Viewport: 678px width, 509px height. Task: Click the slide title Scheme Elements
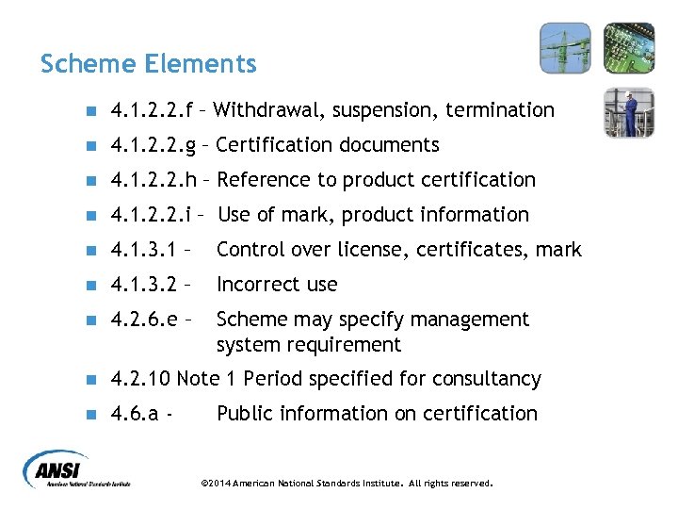click(148, 64)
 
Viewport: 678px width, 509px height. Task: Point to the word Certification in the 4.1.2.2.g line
click(274, 145)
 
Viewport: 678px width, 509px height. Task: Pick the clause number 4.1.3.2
click(143, 285)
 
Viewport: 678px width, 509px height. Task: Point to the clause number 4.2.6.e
click(143, 320)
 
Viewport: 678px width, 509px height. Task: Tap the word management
click(467, 320)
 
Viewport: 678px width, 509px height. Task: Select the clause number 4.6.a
click(134, 414)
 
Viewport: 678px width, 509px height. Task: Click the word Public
click(244, 414)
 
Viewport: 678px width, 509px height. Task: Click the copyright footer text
click(347, 483)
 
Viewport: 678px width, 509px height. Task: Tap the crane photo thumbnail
click(565, 48)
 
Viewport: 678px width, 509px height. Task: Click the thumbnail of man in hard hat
click(628, 112)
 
